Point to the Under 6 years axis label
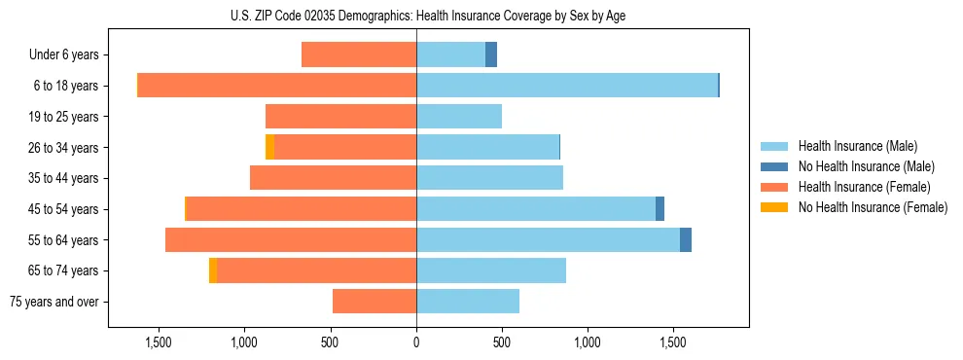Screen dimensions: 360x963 coord(64,55)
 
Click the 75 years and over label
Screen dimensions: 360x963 coord(54,302)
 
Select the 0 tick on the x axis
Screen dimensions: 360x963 coord(416,342)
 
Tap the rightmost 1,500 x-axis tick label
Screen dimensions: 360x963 coord(673,342)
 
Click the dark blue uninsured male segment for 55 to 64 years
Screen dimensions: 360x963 coord(686,239)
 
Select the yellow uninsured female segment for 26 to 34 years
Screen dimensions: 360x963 coord(269,147)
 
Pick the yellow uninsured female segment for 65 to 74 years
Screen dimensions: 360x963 coord(213,270)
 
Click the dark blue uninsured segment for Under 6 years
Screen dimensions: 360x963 coord(491,54)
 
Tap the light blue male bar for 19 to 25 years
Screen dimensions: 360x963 coord(459,117)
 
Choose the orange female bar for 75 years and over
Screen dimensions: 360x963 coord(374,302)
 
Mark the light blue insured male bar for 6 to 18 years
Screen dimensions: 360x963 coord(567,86)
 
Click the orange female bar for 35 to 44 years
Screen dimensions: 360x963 coord(334,178)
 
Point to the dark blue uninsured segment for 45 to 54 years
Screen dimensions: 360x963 coord(660,209)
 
